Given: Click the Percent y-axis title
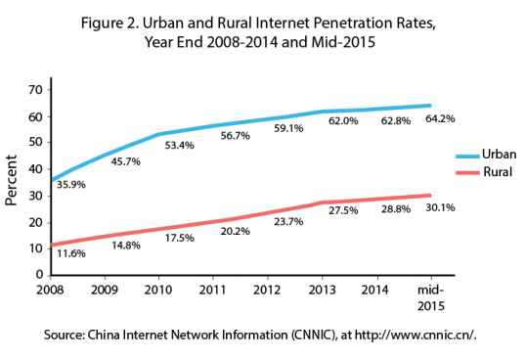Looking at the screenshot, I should pos(14,182).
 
